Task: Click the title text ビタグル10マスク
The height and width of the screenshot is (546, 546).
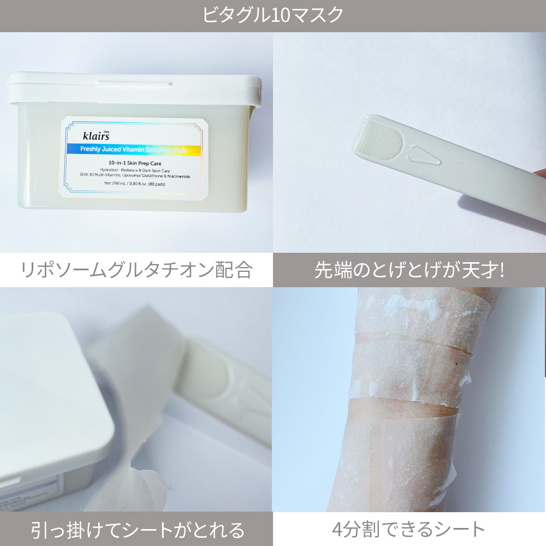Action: [x=273, y=15]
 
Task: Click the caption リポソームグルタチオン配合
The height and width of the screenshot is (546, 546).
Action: [x=136, y=270]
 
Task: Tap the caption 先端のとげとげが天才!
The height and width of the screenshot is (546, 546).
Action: [x=409, y=270]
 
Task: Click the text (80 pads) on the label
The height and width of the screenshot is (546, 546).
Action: [x=157, y=183]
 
